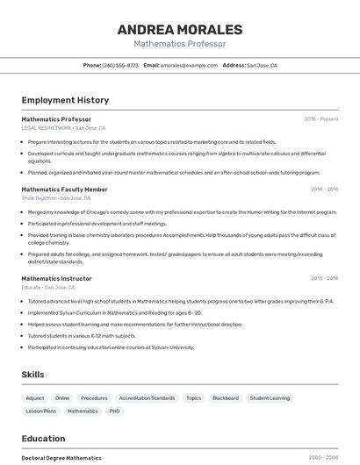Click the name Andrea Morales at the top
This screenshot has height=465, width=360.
(180, 29)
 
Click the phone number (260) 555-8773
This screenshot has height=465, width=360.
(120, 65)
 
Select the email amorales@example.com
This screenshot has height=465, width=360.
(188, 65)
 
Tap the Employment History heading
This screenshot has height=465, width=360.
(65, 100)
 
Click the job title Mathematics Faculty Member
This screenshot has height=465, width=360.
(64, 189)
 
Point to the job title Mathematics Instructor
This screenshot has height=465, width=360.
(56, 278)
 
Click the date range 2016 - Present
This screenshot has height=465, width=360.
(320, 119)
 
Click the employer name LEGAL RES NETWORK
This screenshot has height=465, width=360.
(46, 128)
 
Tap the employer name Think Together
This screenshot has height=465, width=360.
(39, 198)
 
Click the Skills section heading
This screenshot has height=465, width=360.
(32, 375)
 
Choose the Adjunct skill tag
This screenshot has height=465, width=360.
(35, 398)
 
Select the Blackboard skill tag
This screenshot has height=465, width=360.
(226, 398)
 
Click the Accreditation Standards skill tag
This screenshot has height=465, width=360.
(147, 398)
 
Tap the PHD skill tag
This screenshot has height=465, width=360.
(114, 411)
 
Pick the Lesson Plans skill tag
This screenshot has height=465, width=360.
(40, 411)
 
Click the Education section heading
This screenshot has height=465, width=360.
(43, 439)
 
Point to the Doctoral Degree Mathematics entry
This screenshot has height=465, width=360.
(61, 458)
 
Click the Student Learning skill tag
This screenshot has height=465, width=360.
(270, 398)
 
